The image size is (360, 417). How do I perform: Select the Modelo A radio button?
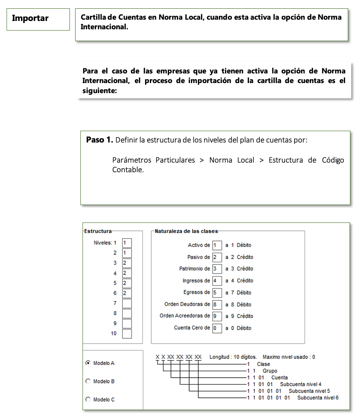[x=88, y=363]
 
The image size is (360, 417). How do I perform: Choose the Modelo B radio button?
[x=88, y=381]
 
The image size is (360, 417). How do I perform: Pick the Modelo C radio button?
[x=88, y=399]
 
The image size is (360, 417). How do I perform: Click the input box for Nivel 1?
[x=127, y=243]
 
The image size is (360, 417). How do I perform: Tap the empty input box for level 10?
[x=127, y=334]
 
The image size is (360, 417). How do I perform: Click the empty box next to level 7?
[x=127, y=303]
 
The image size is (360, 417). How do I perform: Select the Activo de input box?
[x=217, y=245]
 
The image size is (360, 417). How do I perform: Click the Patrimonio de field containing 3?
[x=217, y=269]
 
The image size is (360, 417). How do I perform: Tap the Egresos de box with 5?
[x=217, y=292]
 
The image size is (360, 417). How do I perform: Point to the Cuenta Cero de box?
[x=217, y=328]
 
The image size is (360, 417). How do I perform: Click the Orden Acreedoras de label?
[x=185, y=316]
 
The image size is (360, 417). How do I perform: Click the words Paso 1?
[x=100, y=140]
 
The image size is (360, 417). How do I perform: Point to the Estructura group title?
[x=98, y=231]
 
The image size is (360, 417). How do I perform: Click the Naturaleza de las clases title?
[x=186, y=231]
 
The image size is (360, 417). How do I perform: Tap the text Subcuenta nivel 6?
[x=318, y=398]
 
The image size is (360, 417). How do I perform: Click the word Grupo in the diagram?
[x=270, y=371]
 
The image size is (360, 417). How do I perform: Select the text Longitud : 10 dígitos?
[x=233, y=357]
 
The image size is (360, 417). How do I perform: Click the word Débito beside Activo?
[x=244, y=245]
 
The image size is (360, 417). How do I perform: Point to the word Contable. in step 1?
[x=128, y=170]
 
